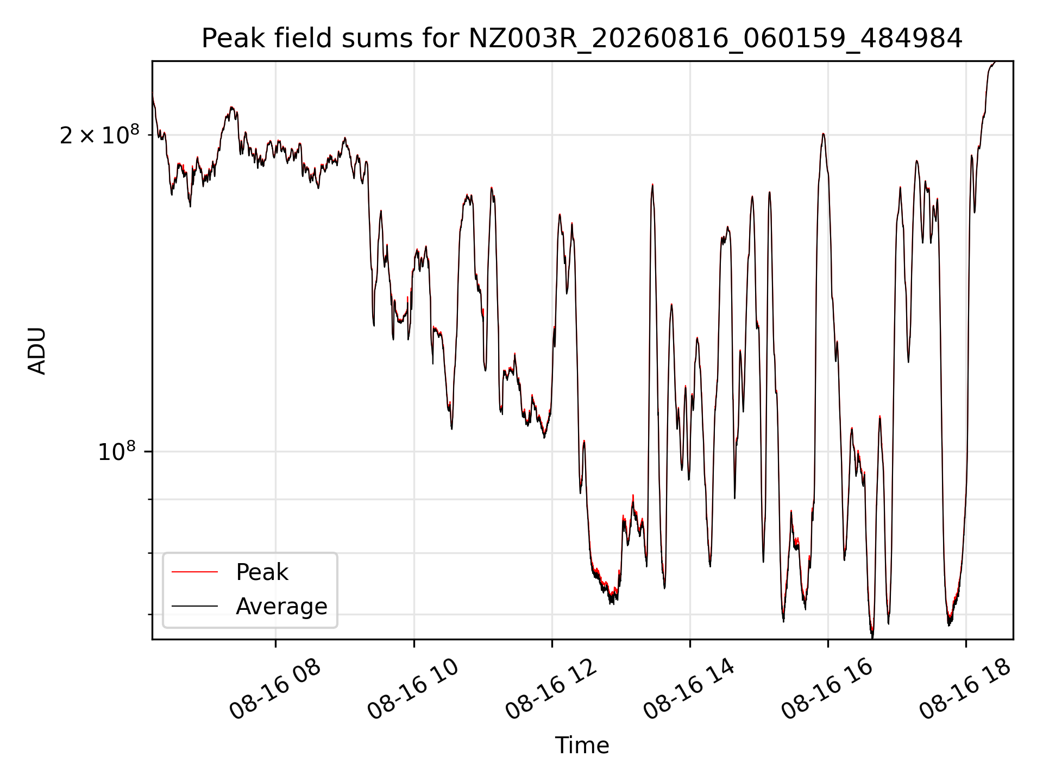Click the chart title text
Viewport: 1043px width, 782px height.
pos(582,39)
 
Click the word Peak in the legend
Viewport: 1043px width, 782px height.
pos(262,572)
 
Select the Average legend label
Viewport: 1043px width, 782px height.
pos(281,607)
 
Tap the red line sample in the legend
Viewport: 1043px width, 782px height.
pos(194,572)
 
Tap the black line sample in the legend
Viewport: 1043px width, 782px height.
pos(194,607)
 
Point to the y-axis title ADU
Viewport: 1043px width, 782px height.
pos(37,350)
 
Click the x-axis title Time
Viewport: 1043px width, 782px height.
pos(582,746)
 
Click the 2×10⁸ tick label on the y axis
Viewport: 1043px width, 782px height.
pos(99,135)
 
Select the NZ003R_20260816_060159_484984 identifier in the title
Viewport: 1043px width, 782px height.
pos(715,39)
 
